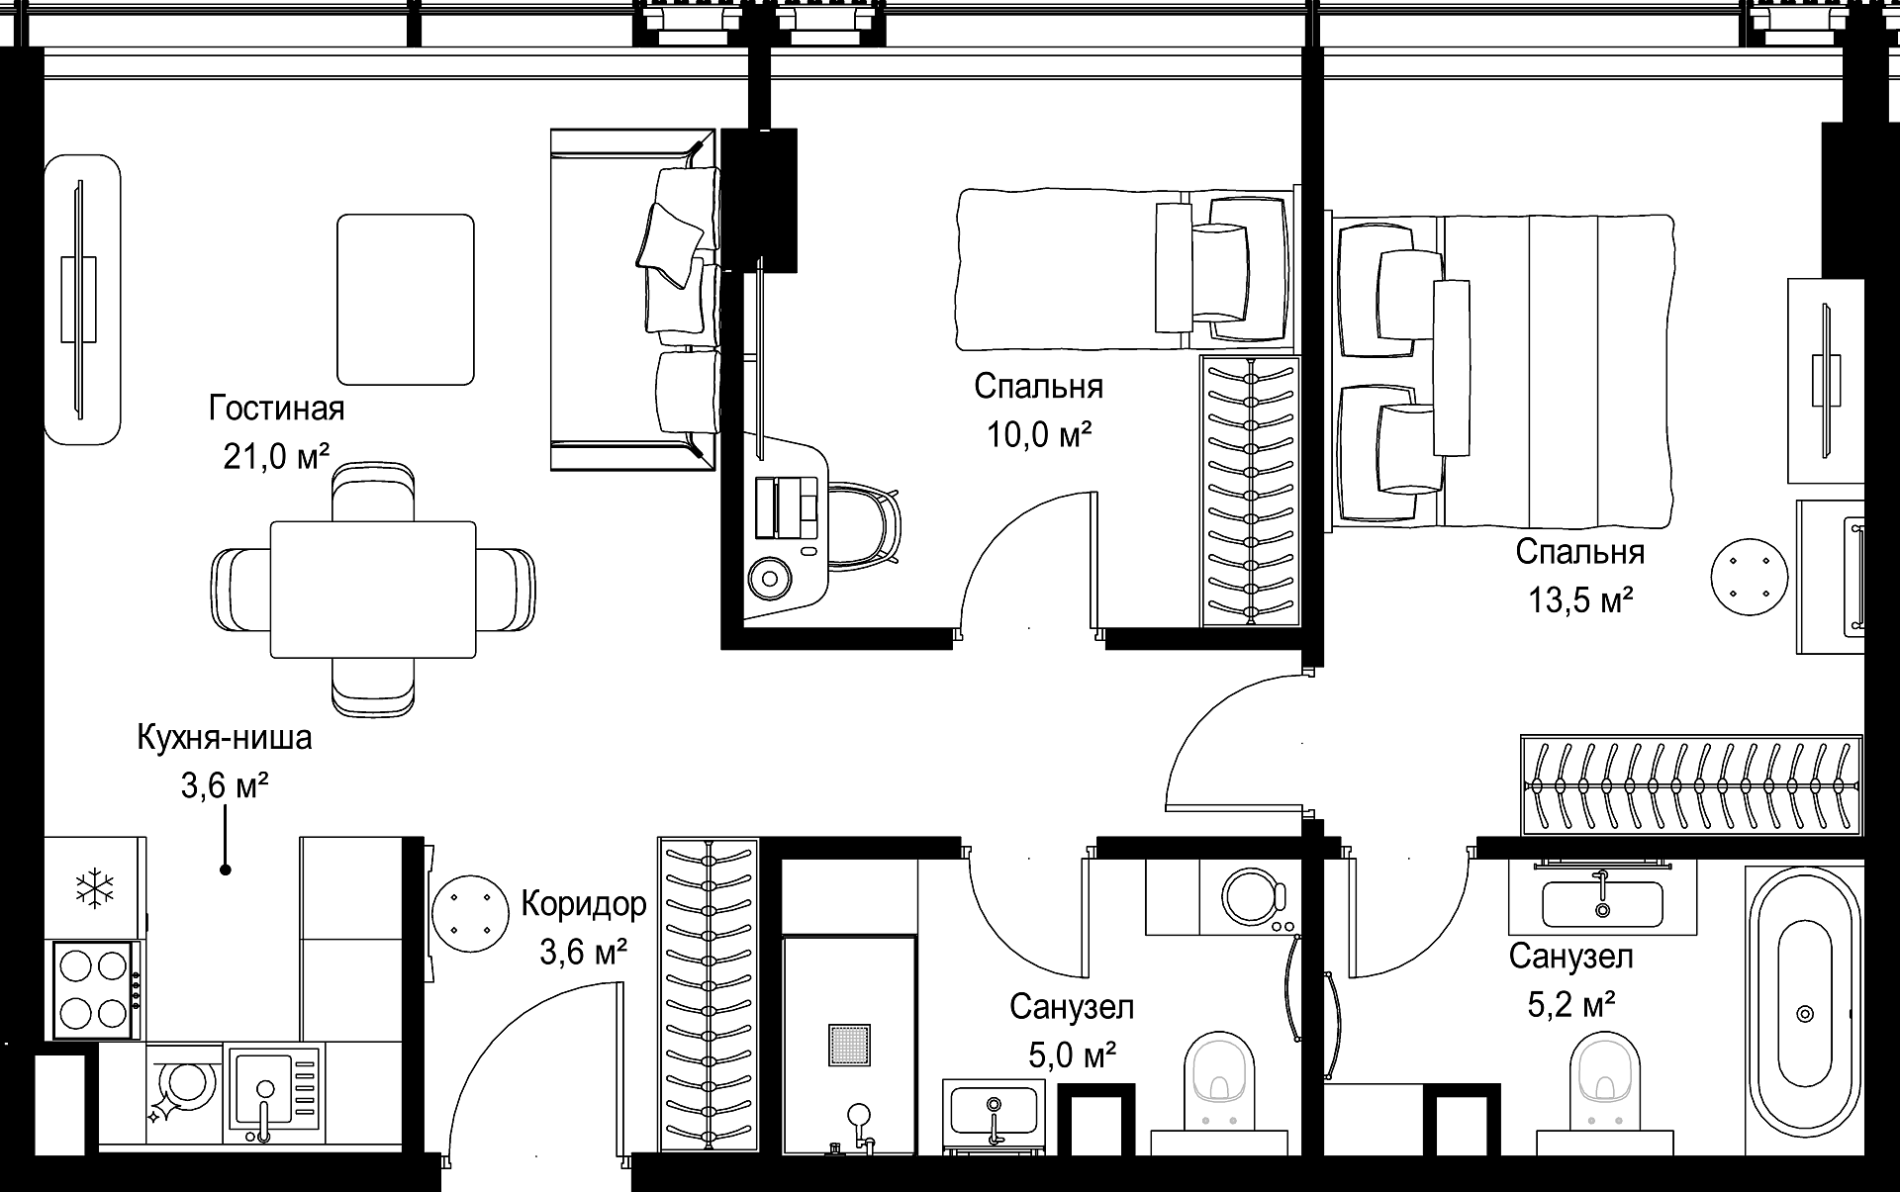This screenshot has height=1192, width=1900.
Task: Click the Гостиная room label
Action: coord(276,408)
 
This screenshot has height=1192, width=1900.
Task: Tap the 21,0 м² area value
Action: coord(276,456)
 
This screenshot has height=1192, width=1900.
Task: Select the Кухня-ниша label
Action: coord(225,738)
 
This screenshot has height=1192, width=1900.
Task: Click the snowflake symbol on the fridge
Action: coord(95,888)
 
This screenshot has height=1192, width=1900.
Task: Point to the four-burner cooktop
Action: coord(95,989)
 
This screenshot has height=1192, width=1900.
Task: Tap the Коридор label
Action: coord(584,904)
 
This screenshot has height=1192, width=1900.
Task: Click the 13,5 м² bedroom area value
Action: coord(1579,599)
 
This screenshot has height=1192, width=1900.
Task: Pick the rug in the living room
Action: coord(406,299)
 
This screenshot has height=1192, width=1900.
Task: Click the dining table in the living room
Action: coord(373,590)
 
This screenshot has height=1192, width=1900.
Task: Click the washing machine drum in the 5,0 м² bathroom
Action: coord(1254,896)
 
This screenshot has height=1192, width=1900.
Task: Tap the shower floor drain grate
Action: coord(850,1046)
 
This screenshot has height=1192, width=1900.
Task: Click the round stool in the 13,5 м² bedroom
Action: coord(1751,577)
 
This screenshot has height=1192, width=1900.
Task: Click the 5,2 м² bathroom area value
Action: coord(1571,1005)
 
